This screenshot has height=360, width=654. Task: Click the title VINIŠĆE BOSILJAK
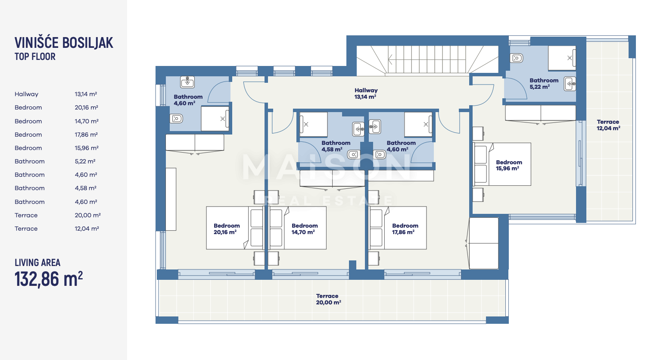tap(64, 43)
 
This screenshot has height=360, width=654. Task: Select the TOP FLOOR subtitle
tap(35, 56)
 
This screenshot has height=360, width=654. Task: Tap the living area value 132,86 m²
tap(49, 279)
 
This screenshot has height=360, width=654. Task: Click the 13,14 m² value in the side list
tap(86, 94)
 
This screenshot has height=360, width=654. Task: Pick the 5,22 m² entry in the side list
tap(85, 161)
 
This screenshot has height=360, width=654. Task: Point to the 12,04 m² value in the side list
tap(87, 229)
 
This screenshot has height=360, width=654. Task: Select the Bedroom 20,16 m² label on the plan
tap(227, 229)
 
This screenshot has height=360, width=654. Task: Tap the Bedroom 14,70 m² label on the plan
tap(305, 229)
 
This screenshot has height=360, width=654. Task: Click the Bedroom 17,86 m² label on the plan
tap(405, 229)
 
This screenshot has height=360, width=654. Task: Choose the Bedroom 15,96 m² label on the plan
tap(509, 166)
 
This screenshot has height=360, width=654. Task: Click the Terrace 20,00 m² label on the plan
tap(328, 299)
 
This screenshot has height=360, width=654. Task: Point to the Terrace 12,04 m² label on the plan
tap(608, 125)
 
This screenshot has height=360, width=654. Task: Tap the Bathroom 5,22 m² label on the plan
tap(544, 84)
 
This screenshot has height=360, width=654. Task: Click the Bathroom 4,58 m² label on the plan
tap(336, 146)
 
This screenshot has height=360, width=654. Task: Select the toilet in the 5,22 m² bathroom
tap(516, 58)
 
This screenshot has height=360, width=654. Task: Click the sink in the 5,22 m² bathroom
tap(570, 84)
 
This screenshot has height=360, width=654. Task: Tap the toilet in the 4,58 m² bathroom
tap(354, 154)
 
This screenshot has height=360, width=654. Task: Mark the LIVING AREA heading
tap(37, 263)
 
